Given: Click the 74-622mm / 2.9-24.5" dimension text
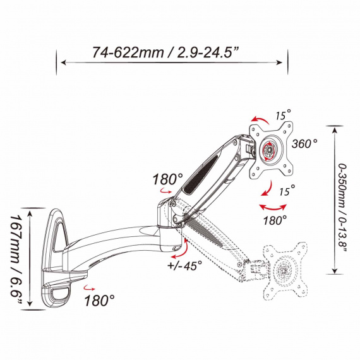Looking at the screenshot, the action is point(165,52).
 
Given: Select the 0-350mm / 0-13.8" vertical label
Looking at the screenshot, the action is point(342,208).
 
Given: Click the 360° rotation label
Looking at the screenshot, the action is point(304,144).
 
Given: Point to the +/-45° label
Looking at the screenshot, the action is point(184,265).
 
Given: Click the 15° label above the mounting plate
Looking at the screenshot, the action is point(283,114).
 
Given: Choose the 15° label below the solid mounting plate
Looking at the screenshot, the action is point(287,190).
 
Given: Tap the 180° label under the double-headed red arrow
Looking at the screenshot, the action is point(275,220).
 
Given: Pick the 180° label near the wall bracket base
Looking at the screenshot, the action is point(99,300).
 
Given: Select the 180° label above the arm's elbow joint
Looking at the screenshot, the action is point(167,179).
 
